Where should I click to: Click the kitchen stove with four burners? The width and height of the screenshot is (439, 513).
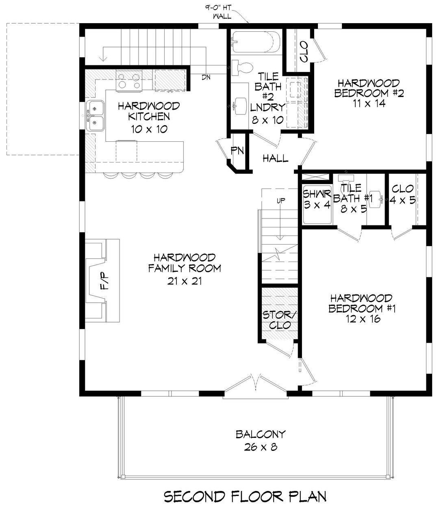[128, 80]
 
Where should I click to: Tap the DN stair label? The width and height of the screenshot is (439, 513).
[206, 77]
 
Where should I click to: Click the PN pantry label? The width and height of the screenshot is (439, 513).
[237, 151]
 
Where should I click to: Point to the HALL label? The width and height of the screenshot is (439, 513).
[275, 158]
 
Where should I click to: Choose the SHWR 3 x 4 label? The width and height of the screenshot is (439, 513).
[317, 199]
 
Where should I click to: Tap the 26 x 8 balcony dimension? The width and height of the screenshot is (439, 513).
[261, 447]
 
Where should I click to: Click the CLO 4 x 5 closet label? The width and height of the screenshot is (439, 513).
[402, 195]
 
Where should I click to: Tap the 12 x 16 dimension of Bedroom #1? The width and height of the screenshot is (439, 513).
[360, 319]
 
